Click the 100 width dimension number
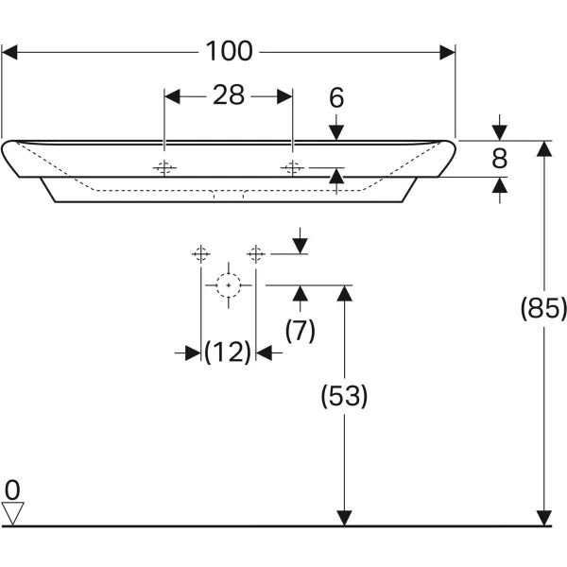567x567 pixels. point(230,51)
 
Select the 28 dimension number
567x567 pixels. point(228,95)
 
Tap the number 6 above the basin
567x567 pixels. point(337,98)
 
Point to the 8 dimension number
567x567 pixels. point(500,159)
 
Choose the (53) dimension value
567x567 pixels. point(345,397)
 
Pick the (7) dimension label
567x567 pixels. point(301,330)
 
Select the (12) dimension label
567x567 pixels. point(228,352)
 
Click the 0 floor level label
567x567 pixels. point(12,490)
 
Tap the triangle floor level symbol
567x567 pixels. point(12,513)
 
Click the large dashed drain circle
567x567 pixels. point(228,284)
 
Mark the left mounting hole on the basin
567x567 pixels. point(165,169)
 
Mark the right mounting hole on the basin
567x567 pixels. point(292,169)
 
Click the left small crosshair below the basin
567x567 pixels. point(200,253)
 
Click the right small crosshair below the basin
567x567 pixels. point(255,253)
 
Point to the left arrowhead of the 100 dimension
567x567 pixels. point(9,52)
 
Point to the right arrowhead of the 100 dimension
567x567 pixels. point(450,52)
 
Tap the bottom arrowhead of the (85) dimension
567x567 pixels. point(543,519)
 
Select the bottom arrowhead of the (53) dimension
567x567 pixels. point(345,519)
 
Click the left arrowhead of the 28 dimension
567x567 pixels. point(171,95)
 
